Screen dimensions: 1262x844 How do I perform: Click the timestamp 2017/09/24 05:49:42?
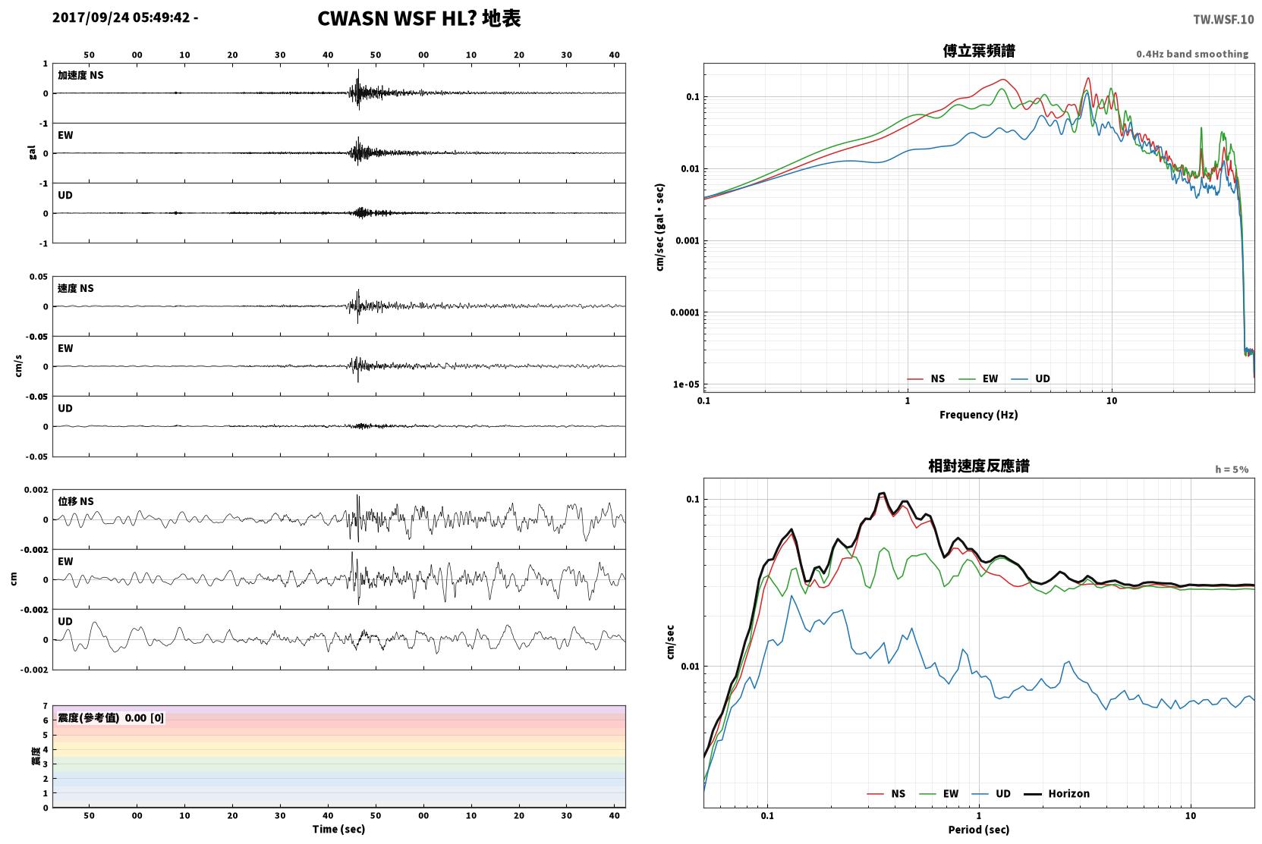[121, 17]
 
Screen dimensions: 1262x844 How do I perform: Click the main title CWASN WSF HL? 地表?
[419, 19]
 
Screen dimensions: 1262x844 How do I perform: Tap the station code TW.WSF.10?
[1223, 20]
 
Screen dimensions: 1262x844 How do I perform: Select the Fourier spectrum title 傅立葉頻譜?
[979, 51]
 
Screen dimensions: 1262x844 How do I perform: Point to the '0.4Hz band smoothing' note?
[1192, 54]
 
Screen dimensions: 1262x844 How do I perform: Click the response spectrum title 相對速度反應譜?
[979, 466]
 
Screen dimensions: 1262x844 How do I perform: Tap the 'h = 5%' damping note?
[1232, 469]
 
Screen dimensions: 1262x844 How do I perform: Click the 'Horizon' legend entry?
[1068, 794]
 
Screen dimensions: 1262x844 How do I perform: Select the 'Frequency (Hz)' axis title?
[979, 415]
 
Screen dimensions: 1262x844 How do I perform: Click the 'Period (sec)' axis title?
[979, 830]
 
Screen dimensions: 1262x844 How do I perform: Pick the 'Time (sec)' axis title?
[338, 830]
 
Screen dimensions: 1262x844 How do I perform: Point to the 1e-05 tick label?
[686, 384]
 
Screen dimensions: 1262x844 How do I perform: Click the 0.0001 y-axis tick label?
[685, 312]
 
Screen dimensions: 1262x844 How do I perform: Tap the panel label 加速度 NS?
[80, 75]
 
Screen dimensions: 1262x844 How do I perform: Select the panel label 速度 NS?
[75, 288]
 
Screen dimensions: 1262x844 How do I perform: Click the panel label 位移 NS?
[75, 501]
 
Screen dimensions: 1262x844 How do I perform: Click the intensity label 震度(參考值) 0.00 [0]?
[111, 718]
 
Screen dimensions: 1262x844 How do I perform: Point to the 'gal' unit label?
[32, 152]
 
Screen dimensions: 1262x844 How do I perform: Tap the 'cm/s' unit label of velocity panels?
[18, 366]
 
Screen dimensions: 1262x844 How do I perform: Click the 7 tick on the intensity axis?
[46, 706]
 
